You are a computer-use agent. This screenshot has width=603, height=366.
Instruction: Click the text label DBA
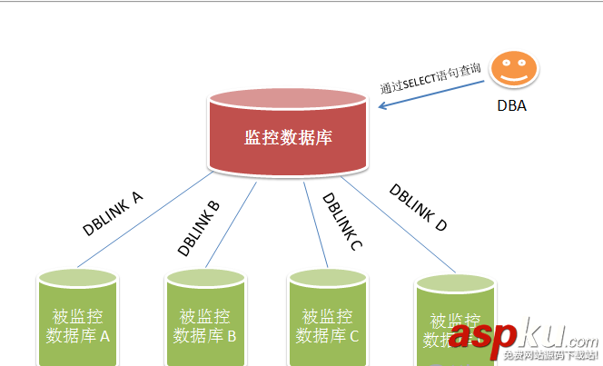coord(511,106)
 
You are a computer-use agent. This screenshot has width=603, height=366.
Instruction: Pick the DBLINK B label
coord(199,228)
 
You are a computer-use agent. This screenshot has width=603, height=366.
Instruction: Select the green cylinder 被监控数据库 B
coord(205,318)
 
